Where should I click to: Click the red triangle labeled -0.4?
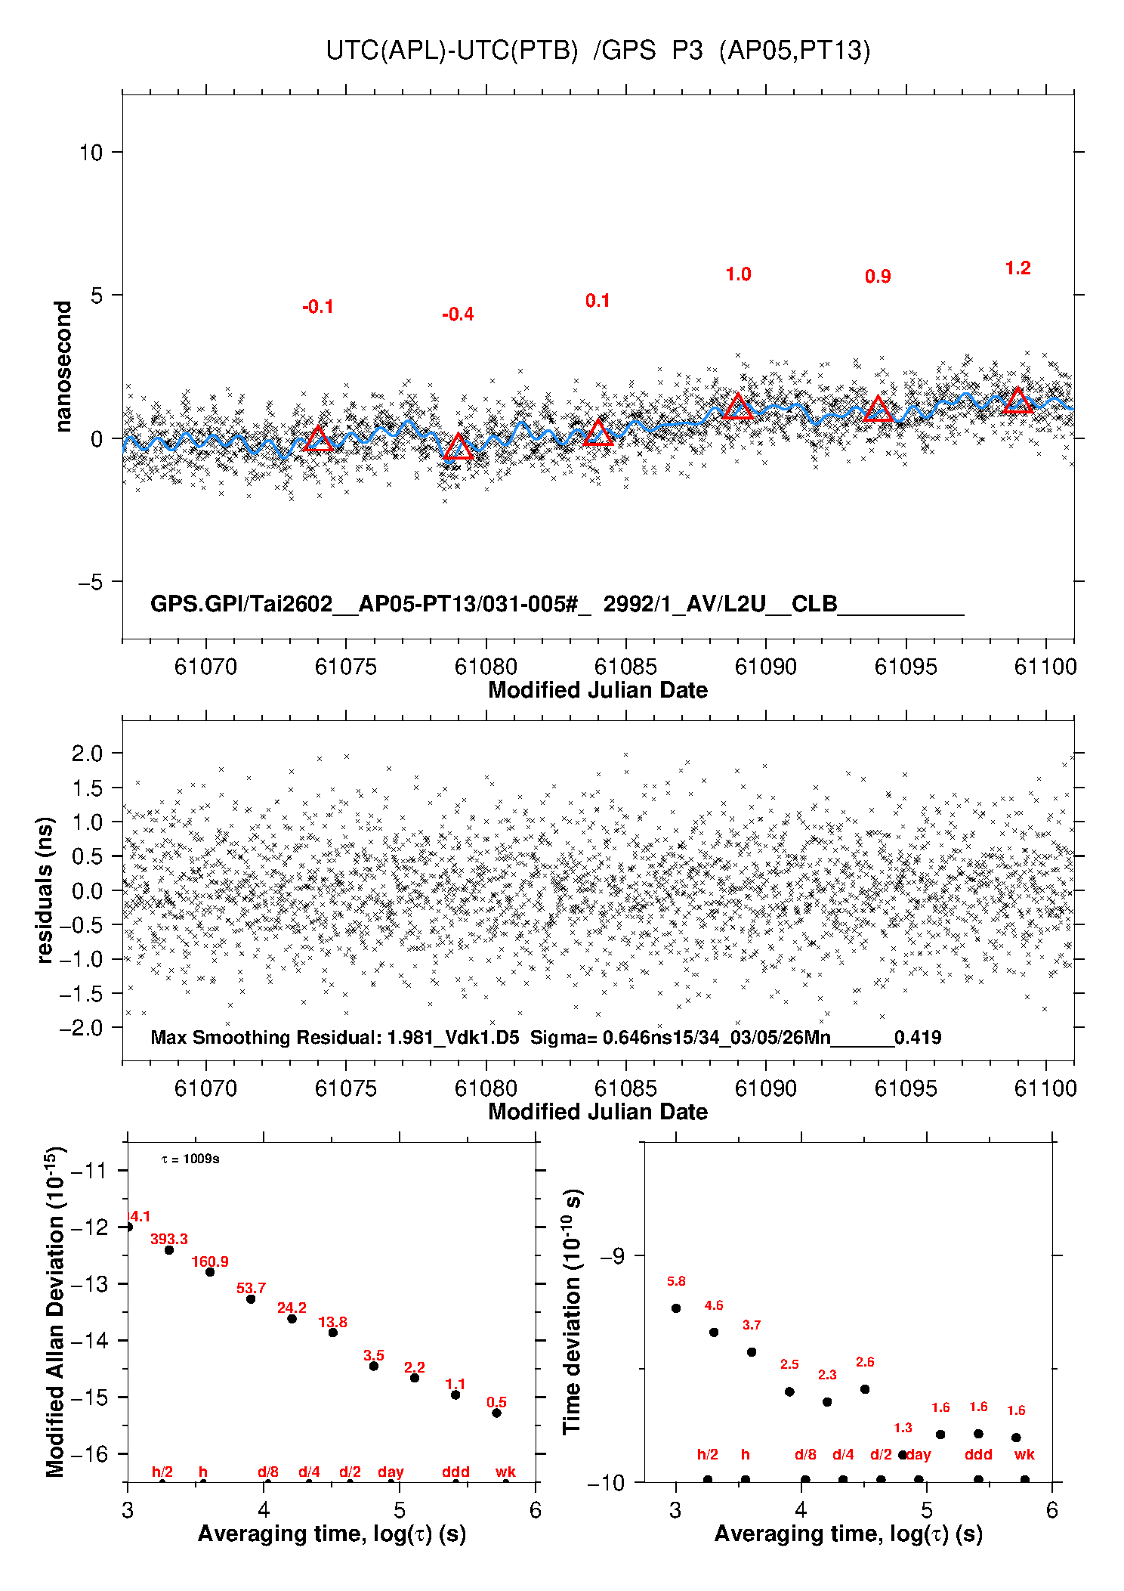click(458, 447)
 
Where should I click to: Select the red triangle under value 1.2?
click(1017, 401)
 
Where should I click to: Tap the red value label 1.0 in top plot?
click(738, 274)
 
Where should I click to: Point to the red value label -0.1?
click(317, 307)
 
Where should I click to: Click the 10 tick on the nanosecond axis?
click(91, 153)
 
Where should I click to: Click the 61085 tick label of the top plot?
click(625, 667)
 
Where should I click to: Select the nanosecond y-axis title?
click(63, 367)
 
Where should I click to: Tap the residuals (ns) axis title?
click(45, 890)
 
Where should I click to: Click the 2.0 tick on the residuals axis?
click(87, 753)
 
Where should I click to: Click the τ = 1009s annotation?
click(190, 1159)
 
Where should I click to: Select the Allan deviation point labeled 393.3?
click(169, 1250)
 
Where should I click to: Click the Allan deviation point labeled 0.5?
click(496, 1413)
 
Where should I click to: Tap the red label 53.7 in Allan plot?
click(251, 1288)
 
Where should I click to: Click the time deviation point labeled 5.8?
click(676, 1308)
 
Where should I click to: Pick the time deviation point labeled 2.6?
click(865, 1389)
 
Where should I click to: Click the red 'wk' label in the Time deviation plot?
click(1024, 1454)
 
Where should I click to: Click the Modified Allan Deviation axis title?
click(55, 1311)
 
